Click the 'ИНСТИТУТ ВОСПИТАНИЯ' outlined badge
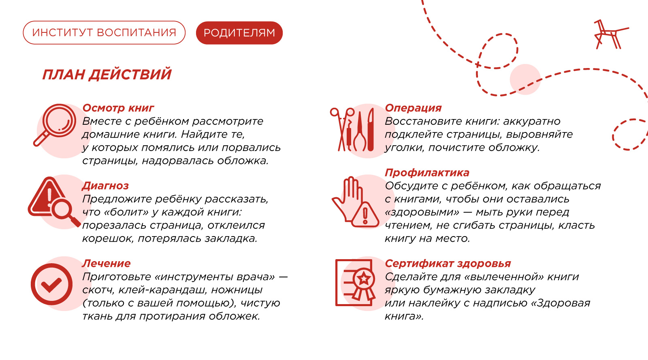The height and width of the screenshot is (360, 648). click(104, 32)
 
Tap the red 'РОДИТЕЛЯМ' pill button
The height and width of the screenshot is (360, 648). click(239, 33)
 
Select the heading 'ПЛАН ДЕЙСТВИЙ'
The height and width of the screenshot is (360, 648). click(107, 75)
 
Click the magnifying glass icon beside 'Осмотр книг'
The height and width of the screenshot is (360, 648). click(55, 125)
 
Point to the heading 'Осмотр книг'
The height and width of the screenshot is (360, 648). click(118, 108)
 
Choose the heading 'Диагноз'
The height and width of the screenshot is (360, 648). click(105, 185)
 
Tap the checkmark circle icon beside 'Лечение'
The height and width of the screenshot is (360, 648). click(51, 284)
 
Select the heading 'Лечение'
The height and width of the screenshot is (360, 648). click(106, 264)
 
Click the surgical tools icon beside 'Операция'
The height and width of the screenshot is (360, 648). click(352, 130)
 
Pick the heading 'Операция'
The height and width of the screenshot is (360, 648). click(414, 108)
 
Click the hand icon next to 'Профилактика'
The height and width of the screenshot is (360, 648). click(355, 202)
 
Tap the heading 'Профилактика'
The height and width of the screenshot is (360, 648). click(427, 173)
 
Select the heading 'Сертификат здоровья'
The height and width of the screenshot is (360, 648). click(448, 264)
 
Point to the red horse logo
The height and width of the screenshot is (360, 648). click(611, 34)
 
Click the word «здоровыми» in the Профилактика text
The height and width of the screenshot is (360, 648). click(422, 212)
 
